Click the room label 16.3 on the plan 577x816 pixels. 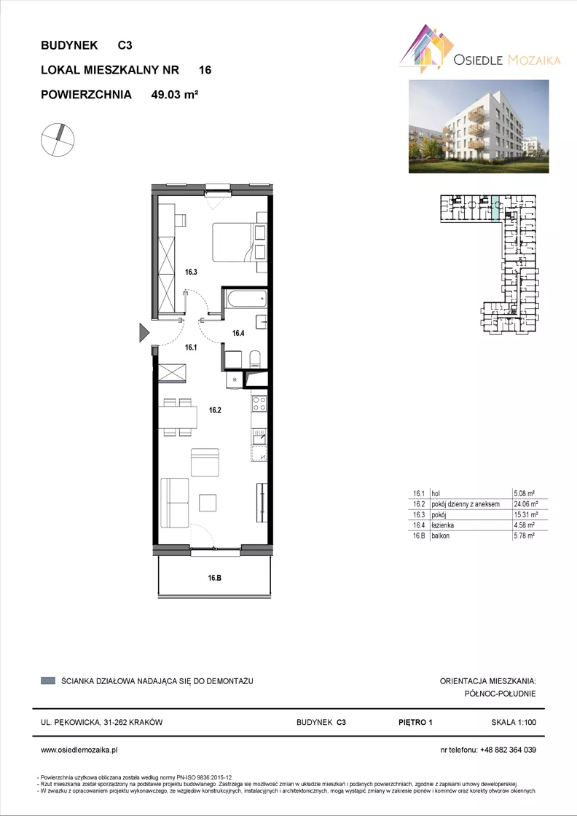192,271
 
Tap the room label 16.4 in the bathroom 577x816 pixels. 238,333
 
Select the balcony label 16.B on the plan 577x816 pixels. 215,577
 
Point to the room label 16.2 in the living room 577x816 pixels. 216,410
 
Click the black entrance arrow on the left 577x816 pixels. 144,332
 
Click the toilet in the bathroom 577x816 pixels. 256,358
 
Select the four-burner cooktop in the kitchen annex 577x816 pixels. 259,404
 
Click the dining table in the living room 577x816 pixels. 178,417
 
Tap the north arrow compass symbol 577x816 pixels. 58,139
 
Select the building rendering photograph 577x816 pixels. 479,126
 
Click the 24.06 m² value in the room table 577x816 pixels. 525,503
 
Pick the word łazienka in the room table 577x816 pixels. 441,525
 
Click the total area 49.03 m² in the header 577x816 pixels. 176,95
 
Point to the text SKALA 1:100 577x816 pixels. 514,722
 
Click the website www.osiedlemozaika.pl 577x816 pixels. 79,750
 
